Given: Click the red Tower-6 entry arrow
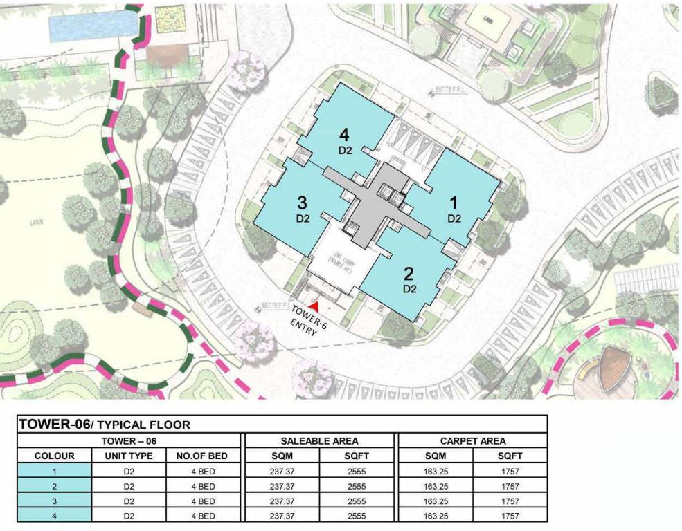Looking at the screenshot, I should [315, 304].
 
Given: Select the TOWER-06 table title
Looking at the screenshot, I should [104, 425].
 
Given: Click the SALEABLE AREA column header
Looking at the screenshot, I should [319, 440].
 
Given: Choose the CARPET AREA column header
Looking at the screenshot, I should [472, 440].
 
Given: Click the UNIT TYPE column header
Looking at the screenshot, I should [128, 456].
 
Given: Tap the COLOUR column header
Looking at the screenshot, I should [54, 456].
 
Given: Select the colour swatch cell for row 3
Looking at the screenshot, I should [54, 501].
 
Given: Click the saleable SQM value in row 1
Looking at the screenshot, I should [281, 471].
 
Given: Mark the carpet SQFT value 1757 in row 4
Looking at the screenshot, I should [510, 516].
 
